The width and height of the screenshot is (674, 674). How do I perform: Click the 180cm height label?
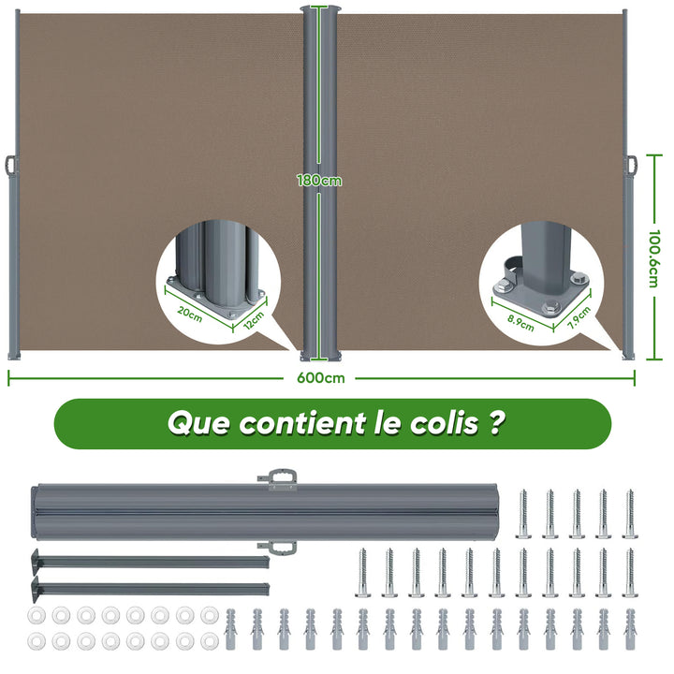pyautogui.click(x=319, y=180)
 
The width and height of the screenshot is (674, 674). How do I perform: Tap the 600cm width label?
pyautogui.click(x=321, y=378)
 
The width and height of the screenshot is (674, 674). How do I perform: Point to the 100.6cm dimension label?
pyautogui.click(x=653, y=258)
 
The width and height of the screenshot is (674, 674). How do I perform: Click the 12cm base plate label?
pyautogui.click(x=254, y=320)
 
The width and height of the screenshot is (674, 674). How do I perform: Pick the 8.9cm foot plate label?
pyautogui.click(x=520, y=323)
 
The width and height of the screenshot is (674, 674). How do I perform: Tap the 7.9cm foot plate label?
pyautogui.click(x=579, y=317)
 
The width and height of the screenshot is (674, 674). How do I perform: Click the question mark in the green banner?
pyautogui.click(x=495, y=422)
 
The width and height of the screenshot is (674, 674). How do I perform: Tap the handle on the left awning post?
pyautogui.click(x=11, y=166)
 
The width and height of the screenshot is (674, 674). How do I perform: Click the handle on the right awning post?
pyautogui.click(x=632, y=165)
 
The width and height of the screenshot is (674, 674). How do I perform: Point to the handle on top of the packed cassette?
pyautogui.click(x=278, y=479)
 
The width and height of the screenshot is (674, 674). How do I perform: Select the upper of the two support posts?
pyautogui.click(x=150, y=561)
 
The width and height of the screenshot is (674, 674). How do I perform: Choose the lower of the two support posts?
pyautogui.click(x=150, y=588)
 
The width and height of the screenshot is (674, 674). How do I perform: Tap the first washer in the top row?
pyautogui.click(x=37, y=616)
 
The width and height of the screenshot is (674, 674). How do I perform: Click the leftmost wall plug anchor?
pyautogui.click(x=231, y=628)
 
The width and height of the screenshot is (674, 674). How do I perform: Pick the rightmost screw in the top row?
pyautogui.click(x=630, y=514)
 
